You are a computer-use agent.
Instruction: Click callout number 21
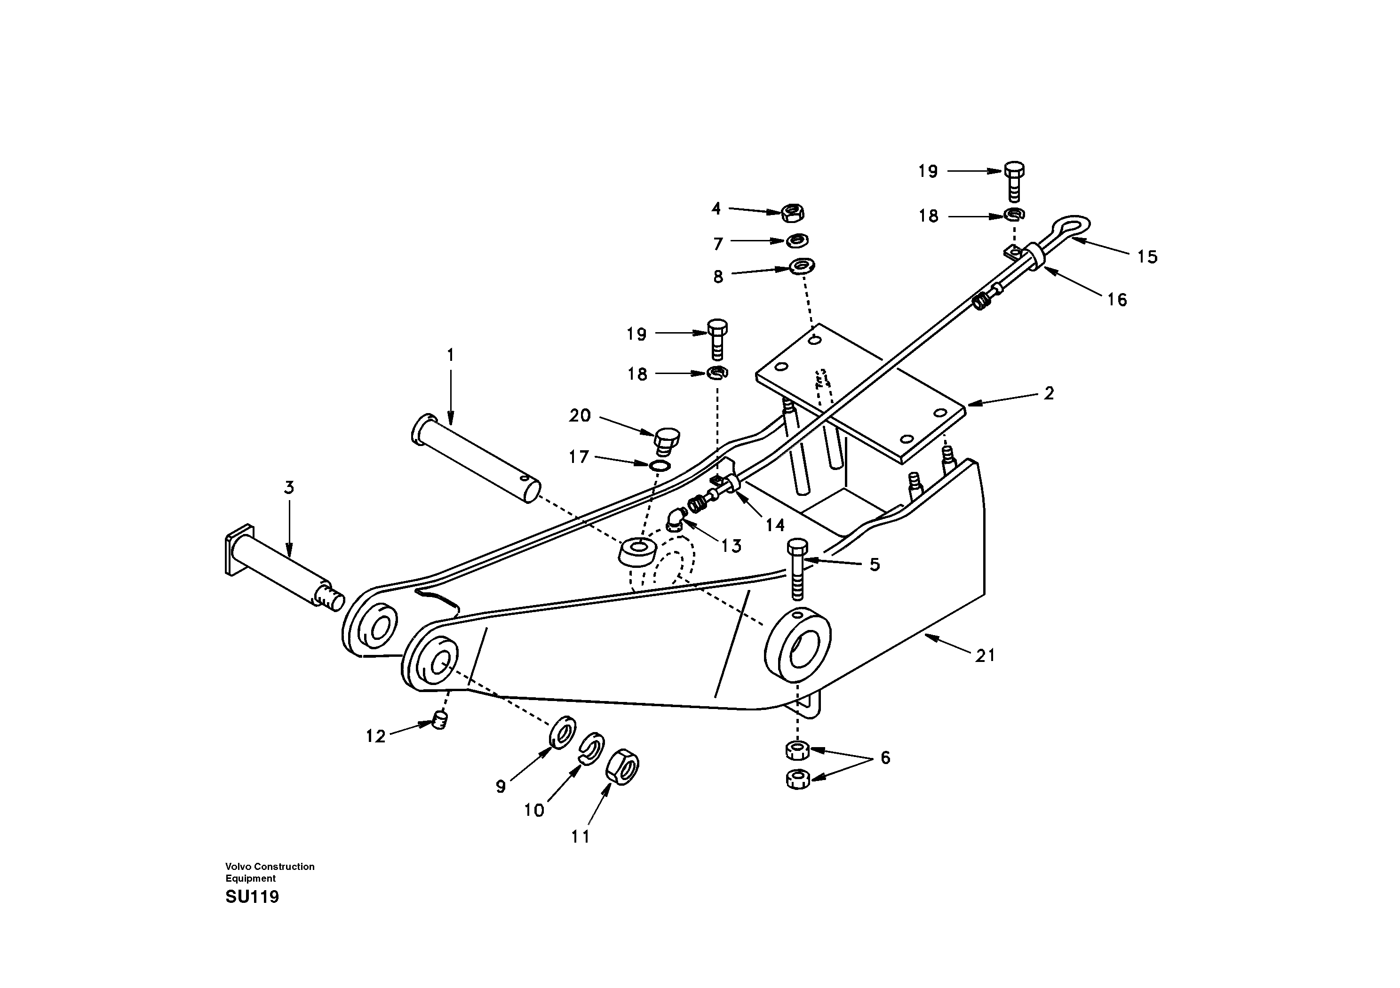[985, 656]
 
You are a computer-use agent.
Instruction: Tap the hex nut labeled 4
[793, 213]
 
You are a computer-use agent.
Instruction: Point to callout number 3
[289, 487]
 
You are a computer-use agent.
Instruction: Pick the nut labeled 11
[622, 766]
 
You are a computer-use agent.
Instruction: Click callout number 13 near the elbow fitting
[731, 546]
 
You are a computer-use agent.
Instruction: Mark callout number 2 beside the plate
[1048, 393]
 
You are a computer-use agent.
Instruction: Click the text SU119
[252, 897]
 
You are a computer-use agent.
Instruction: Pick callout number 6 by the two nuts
[885, 758]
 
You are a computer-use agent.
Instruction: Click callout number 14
[774, 525]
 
